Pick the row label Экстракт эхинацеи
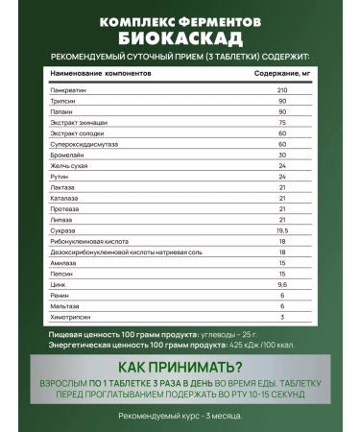tap(76, 123)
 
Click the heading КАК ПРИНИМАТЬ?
tap(180, 367)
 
